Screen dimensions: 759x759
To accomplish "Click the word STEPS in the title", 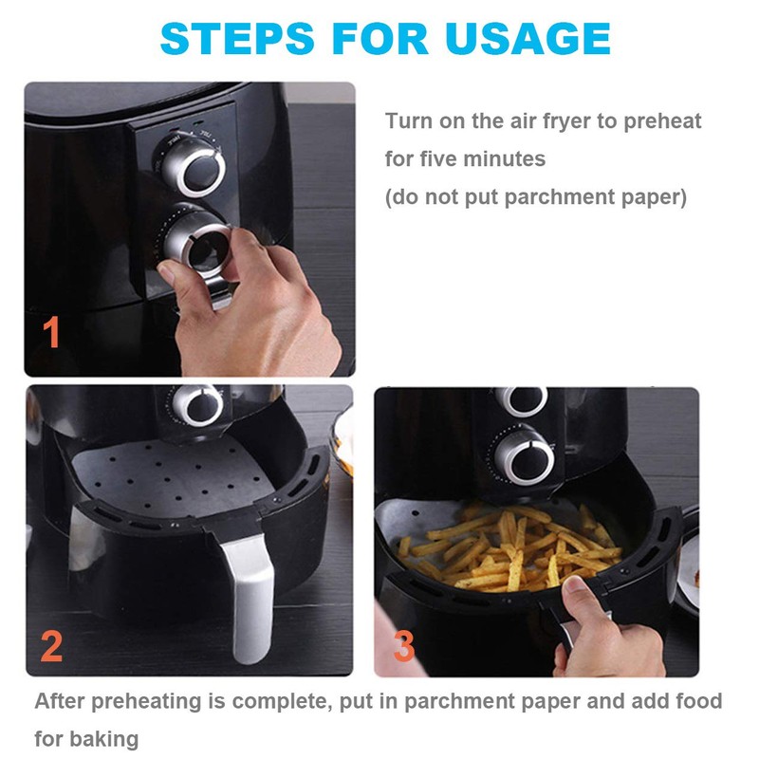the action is click(237, 38).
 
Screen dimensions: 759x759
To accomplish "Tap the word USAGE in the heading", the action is click(528, 38).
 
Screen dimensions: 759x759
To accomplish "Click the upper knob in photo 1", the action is click(192, 166).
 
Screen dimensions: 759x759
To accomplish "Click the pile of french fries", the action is click(509, 549).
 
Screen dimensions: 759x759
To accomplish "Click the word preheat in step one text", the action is click(662, 122).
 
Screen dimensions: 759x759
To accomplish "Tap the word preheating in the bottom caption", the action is click(146, 701).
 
